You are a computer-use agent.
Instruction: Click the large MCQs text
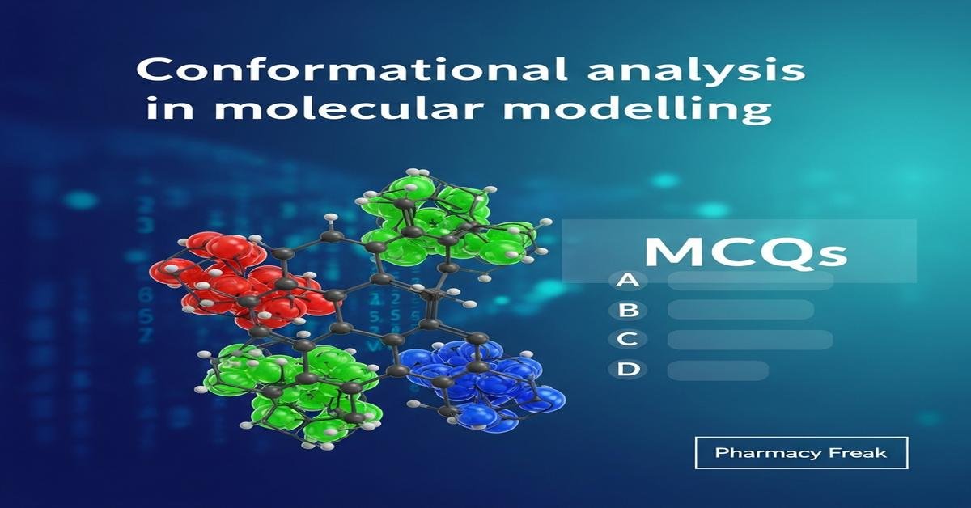(x=744, y=252)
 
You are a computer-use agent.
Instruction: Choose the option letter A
(x=625, y=280)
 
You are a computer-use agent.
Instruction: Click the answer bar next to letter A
(x=750, y=281)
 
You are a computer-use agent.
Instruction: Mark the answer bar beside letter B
(x=740, y=310)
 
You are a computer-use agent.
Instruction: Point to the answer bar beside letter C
(x=750, y=340)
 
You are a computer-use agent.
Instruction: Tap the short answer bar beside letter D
(x=718, y=370)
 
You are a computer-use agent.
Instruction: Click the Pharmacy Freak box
(x=801, y=453)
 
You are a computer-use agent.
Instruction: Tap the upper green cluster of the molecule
(x=445, y=218)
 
